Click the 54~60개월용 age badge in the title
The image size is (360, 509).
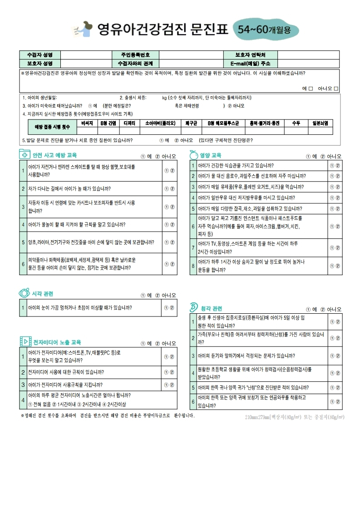tap(268, 30)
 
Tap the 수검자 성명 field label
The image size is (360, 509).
tap(40, 54)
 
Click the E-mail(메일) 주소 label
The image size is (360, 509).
tap(251, 63)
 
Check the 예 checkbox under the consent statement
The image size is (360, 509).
tap(311, 89)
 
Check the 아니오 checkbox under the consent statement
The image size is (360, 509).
tap(336, 89)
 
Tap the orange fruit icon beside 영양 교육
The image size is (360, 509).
tap(193, 155)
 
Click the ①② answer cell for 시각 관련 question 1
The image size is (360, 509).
tap(169, 308)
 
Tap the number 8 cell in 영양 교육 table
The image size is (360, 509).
tap(193, 266)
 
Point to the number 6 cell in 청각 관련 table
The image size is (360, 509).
tap(193, 401)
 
